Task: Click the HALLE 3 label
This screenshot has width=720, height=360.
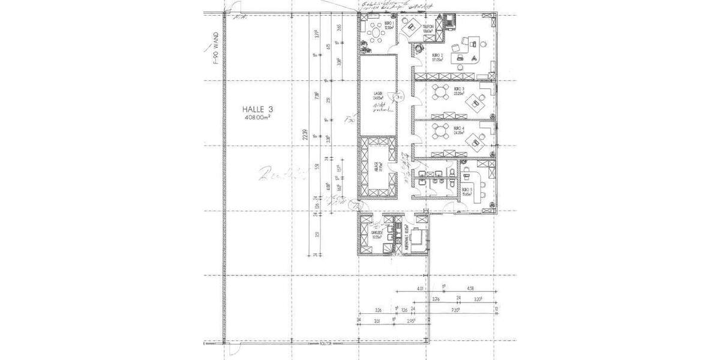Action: (257, 109)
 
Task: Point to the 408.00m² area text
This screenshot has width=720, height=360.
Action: (257, 118)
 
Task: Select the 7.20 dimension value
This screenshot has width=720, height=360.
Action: (455, 311)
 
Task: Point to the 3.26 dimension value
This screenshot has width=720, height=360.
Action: (378, 311)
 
